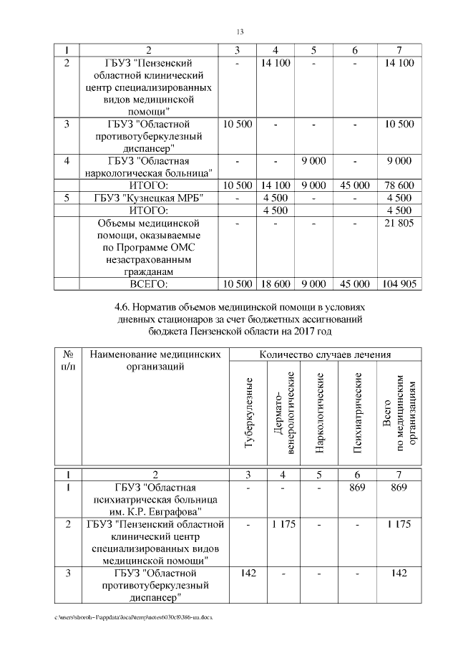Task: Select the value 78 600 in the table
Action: click(x=399, y=185)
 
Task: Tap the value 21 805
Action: click(x=399, y=224)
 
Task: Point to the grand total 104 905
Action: click(x=399, y=284)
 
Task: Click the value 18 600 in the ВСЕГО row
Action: click(x=276, y=284)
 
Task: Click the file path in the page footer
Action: click(x=132, y=616)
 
